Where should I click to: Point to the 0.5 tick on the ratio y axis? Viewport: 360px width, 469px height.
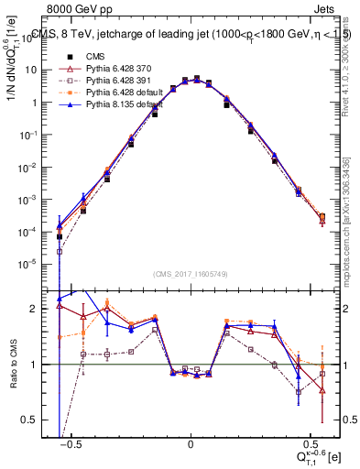point(41,420)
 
